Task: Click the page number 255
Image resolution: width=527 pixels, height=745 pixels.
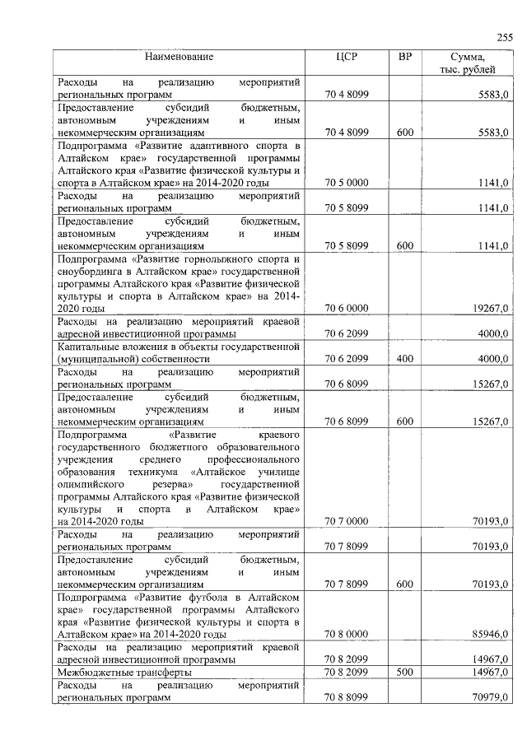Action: point(504,36)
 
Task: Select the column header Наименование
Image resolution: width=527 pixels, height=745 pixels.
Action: point(179,57)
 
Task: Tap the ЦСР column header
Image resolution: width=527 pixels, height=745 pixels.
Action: point(346,57)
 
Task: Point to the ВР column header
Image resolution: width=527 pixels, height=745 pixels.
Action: point(404,57)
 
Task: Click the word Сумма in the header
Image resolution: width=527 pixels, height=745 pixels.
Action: point(467,57)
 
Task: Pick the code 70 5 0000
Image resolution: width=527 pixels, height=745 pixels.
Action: point(346,183)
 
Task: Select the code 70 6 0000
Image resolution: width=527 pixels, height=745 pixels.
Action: point(346,308)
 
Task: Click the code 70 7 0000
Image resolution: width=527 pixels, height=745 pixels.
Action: point(346,521)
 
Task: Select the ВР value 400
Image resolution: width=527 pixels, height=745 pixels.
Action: point(404,359)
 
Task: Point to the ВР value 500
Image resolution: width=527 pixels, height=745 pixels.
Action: point(404,673)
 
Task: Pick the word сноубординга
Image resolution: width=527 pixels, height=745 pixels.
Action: point(91,271)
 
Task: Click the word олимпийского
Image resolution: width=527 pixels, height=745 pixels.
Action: point(91,486)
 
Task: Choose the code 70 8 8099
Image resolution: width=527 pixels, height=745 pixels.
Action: point(346,698)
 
